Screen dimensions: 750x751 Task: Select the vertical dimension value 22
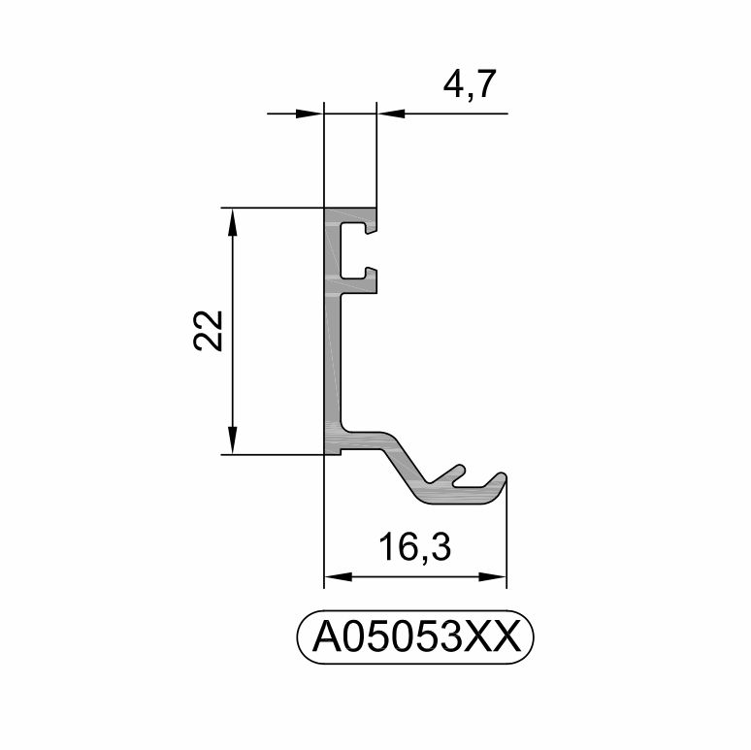(210, 330)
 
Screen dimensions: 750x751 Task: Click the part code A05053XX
(415, 637)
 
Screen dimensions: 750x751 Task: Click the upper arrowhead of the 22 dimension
(232, 219)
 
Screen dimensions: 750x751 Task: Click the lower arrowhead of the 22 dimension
(232, 441)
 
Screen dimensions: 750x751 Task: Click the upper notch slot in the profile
(369, 231)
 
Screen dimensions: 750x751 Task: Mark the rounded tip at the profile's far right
(501, 479)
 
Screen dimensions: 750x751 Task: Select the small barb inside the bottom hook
(452, 474)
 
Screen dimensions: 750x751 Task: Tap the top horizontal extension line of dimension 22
(272, 208)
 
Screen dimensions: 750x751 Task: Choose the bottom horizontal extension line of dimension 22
(272, 453)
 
